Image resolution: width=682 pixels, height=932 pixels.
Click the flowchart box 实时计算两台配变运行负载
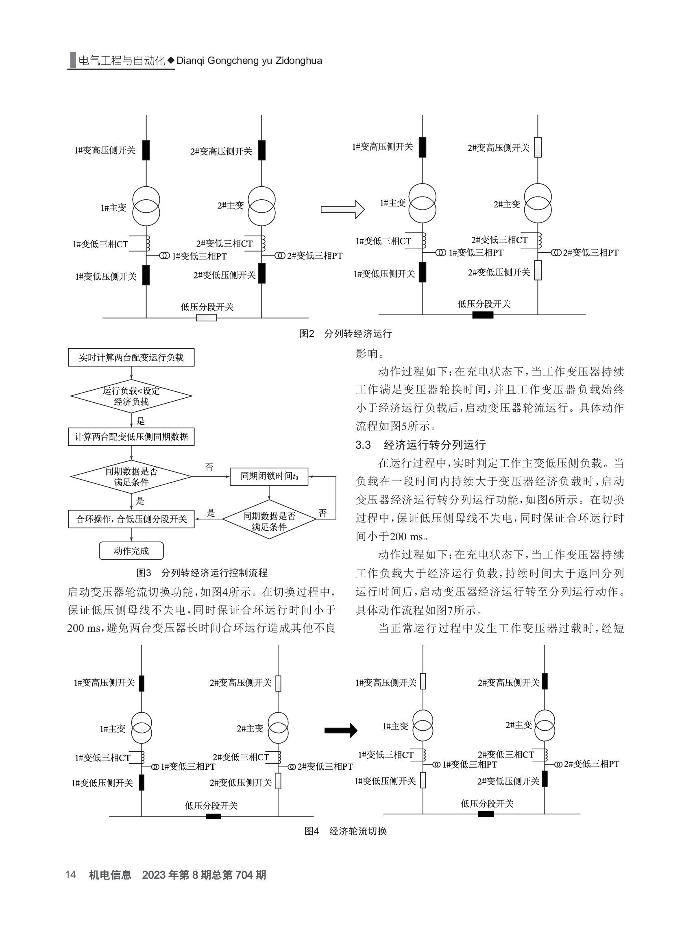tap(131, 357)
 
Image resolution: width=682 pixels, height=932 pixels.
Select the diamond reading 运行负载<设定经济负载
tap(131, 396)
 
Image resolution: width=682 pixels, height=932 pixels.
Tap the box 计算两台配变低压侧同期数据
tap(131, 437)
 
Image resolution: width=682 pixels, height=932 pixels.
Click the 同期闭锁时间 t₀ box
tap(269, 476)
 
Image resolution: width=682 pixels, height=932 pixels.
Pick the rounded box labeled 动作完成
tap(131, 551)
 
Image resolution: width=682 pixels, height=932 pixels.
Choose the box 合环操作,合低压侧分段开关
tap(131, 519)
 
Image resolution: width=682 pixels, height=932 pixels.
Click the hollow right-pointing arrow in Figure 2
tap(343, 210)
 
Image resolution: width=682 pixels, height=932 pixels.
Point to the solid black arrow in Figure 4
tap(340, 730)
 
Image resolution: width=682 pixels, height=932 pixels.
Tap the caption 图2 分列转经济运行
tap(346, 334)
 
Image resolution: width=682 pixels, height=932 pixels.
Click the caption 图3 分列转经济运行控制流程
tap(202, 573)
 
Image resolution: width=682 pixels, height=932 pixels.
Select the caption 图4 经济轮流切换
tap(346, 831)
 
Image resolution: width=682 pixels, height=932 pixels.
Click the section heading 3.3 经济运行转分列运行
tap(421, 445)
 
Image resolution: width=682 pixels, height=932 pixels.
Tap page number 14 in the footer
tap(71, 875)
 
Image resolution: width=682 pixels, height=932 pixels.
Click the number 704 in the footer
tap(244, 875)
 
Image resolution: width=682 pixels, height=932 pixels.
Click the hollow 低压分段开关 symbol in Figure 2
tap(207, 318)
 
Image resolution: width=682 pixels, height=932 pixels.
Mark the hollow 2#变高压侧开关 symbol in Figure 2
tap(538, 147)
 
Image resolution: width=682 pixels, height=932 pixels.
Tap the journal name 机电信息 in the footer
tap(110, 875)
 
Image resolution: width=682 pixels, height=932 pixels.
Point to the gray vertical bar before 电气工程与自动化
tap(73, 60)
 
